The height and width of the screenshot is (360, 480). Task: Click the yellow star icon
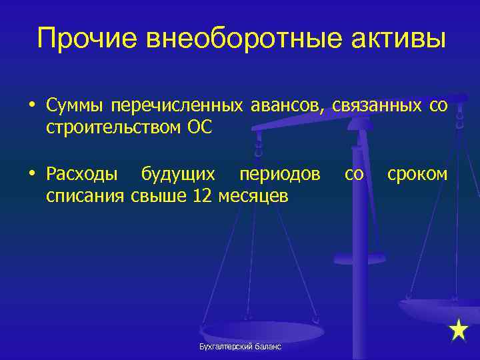(459, 330)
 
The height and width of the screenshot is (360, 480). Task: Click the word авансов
(288, 105)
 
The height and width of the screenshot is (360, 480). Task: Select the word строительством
(108, 127)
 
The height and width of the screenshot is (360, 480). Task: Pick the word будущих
(178, 175)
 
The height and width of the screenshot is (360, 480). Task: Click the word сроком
(417, 175)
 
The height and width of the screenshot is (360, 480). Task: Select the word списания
(85, 196)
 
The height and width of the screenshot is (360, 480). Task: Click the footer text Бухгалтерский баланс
(240, 347)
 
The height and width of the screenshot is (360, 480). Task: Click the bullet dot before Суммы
(32, 106)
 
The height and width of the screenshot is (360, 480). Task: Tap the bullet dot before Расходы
(32, 175)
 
